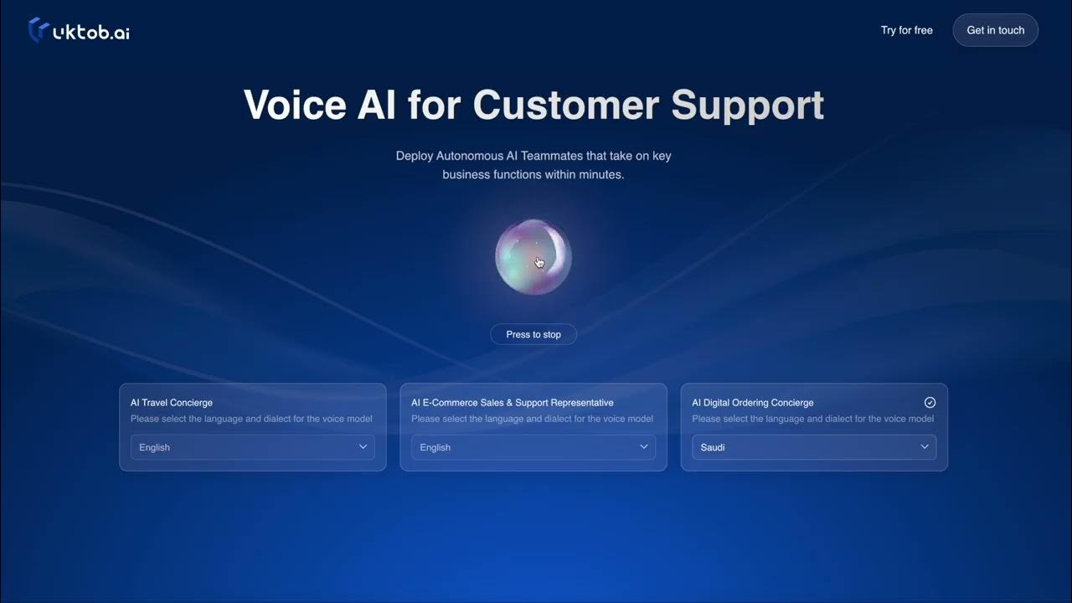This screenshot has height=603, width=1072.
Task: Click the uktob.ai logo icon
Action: click(39, 29)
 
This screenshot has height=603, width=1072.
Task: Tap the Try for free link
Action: click(906, 30)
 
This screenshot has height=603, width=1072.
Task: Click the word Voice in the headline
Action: click(295, 105)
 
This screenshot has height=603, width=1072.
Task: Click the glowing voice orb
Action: click(533, 257)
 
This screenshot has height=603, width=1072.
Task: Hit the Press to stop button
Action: click(533, 334)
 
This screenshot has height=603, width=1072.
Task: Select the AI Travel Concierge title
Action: click(172, 403)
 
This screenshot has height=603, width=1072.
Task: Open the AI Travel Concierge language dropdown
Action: click(253, 447)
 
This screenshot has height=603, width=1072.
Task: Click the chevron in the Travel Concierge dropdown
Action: click(363, 446)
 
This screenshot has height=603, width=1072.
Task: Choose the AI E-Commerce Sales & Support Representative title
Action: click(512, 403)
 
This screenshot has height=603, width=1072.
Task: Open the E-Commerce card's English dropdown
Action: click(533, 447)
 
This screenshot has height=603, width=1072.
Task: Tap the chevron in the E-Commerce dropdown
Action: click(644, 446)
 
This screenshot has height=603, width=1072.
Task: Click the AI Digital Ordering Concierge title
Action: click(752, 403)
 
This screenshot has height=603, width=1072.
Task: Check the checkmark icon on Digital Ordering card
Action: click(930, 403)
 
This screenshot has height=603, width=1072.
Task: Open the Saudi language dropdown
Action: click(814, 447)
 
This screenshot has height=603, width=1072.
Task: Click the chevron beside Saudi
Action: click(924, 446)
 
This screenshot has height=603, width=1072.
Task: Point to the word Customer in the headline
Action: click(566, 105)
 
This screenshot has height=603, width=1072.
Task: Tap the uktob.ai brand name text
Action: click(91, 32)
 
